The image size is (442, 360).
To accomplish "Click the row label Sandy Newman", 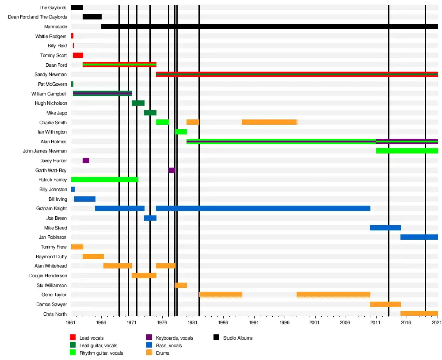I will pyautogui.click(x=50, y=74).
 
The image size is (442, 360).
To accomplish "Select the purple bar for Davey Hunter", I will pyautogui.click(x=86, y=161).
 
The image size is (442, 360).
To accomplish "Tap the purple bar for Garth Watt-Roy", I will pyautogui.click(x=171, y=170).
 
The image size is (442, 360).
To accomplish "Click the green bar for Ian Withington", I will pyautogui.click(x=181, y=132).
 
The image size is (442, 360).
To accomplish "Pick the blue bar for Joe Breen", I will pyautogui.click(x=150, y=218).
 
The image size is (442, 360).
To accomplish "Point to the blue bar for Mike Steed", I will pyautogui.click(x=385, y=228).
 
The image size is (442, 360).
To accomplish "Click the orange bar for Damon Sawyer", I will pyautogui.click(x=385, y=304).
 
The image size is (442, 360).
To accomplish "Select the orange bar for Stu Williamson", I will pyautogui.click(x=181, y=285).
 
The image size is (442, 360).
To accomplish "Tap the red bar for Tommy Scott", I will pyautogui.click(x=78, y=55).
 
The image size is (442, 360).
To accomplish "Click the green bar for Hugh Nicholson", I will pyautogui.click(x=138, y=103).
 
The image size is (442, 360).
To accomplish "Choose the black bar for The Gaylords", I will pyautogui.click(x=77, y=8).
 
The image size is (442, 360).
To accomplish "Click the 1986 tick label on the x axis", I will pyautogui.click(x=223, y=323).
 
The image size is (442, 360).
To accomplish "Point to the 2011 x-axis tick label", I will pyautogui.click(x=376, y=323).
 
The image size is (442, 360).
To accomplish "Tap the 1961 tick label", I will pyautogui.click(x=71, y=323).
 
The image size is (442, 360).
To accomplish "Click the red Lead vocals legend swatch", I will pyautogui.click(x=73, y=338).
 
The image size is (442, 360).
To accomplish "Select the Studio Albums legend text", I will pyautogui.click(x=238, y=338).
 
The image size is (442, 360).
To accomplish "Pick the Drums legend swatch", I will pyautogui.click(x=149, y=353).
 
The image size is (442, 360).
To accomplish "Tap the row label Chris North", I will pyautogui.click(x=55, y=314).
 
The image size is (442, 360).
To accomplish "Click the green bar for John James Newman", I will pyautogui.click(x=407, y=151).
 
